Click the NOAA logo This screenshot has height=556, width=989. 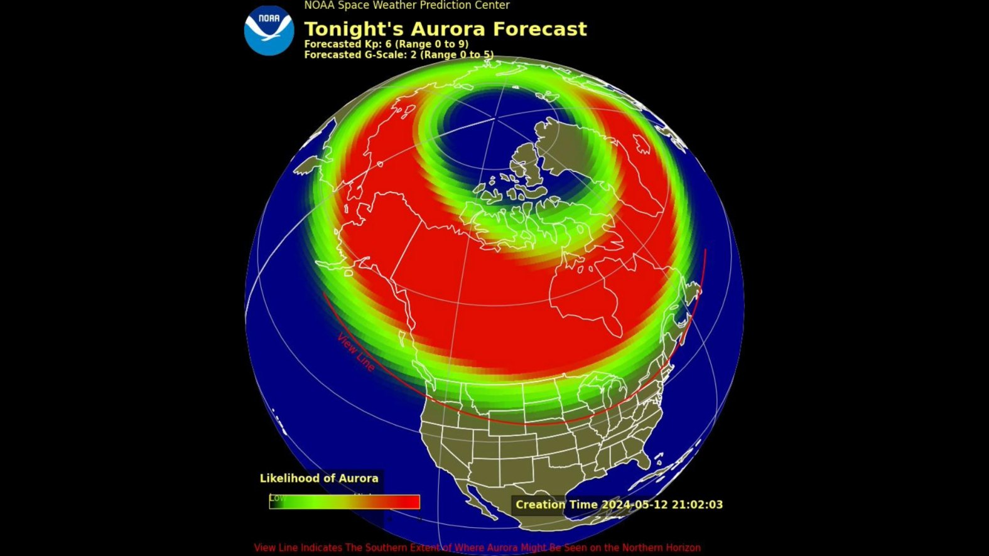pyautogui.click(x=269, y=30)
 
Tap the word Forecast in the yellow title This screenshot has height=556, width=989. pyautogui.click(x=539, y=29)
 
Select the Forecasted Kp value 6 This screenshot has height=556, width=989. pyautogui.click(x=388, y=45)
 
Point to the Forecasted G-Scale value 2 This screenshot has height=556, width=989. pyautogui.click(x=414, y=55)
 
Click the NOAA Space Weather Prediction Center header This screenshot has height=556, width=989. pyautogui.click(x=406, y=6)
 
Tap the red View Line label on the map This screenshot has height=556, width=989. pyautogui.click(x=356, y=352)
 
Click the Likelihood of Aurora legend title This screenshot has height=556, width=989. pyautogui.click(x=319, y=478)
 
